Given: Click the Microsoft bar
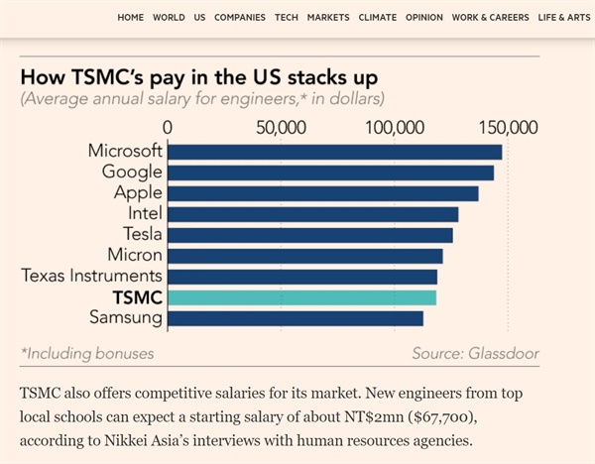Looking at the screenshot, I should [x=334, y=152].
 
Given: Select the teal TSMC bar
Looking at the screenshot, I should [x=301, y=297].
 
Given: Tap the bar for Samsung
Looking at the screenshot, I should [x=296, y=318].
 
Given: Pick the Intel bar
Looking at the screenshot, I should [x=312, y=214].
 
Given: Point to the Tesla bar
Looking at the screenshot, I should [x=309, y=235].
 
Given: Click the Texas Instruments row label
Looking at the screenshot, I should [x=91, y=276].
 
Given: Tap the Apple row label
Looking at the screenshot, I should [x=138, y=192].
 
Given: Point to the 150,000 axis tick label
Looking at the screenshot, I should [x=507, y=127].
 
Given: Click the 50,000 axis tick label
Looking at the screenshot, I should [x=280, y=127].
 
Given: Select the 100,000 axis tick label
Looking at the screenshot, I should [x=394, y=127].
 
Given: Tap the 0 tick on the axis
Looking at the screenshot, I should [x=168, y=127].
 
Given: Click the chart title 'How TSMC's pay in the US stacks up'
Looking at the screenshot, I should [x=198, y=76].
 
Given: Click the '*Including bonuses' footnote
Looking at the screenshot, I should [x=87, y=352].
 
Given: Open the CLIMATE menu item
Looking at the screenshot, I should [x=376, y=18].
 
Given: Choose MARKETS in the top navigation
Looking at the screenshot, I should [x=328, y=18].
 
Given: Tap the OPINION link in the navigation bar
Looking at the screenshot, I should [x=423, y=18].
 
